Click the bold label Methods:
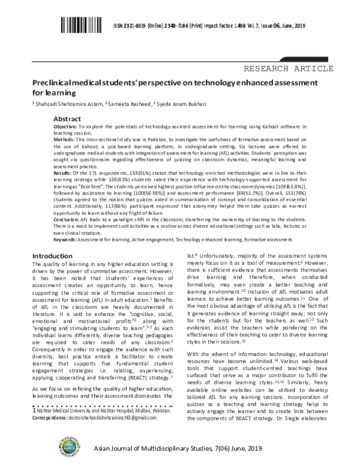coord(64,139)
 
